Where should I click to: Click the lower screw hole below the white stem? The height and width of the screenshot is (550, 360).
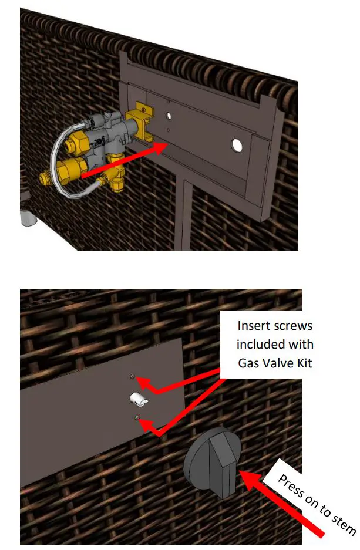[x=137, y=417]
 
